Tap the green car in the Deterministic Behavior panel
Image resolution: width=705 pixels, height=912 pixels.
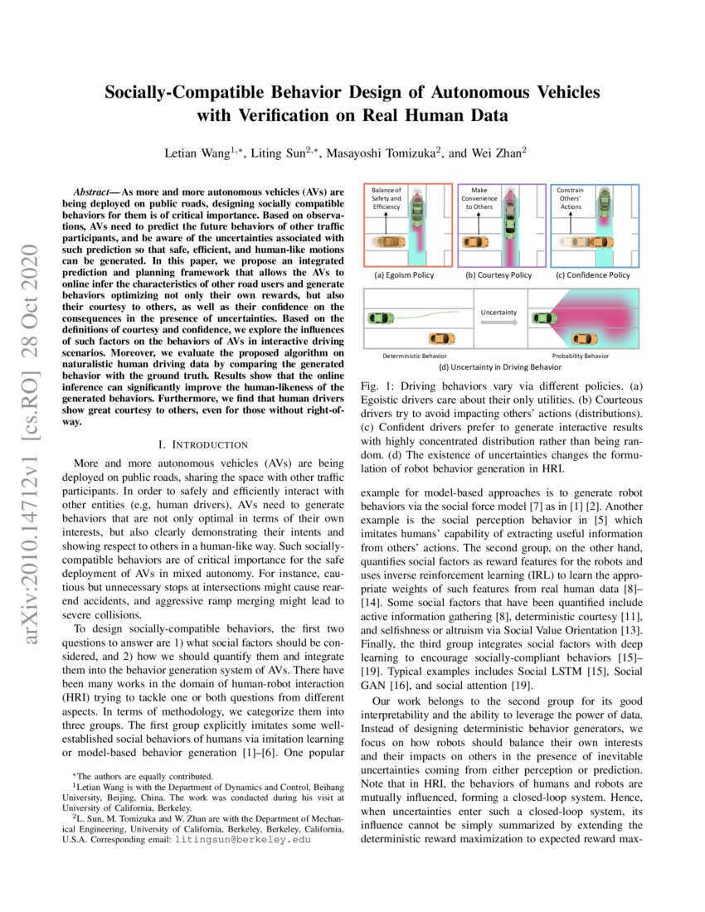382,318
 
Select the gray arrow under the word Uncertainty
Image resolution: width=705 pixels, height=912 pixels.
499,327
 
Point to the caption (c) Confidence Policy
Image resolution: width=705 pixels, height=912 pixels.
593,274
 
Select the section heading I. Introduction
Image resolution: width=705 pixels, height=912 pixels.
202,445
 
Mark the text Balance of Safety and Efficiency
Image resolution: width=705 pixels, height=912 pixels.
387,198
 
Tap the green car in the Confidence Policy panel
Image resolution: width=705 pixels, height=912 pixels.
605,207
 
